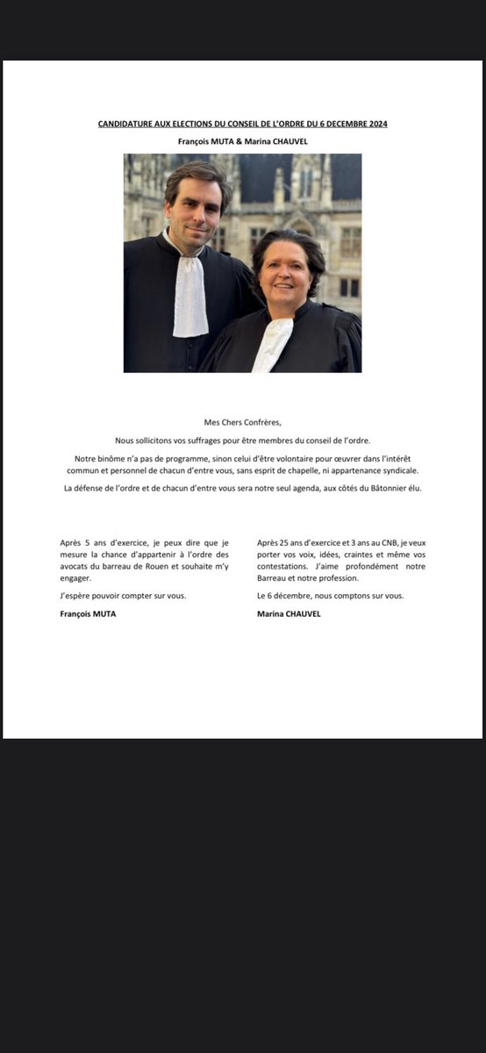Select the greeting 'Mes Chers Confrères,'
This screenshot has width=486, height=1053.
(243, 422)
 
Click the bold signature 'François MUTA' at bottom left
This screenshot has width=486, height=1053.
(88, 614)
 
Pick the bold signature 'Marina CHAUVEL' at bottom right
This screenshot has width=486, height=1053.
(289, 614)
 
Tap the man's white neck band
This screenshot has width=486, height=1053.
(189, 293)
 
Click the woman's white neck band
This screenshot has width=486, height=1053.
(272, 342)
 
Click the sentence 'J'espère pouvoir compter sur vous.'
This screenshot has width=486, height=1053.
(123, 596)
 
